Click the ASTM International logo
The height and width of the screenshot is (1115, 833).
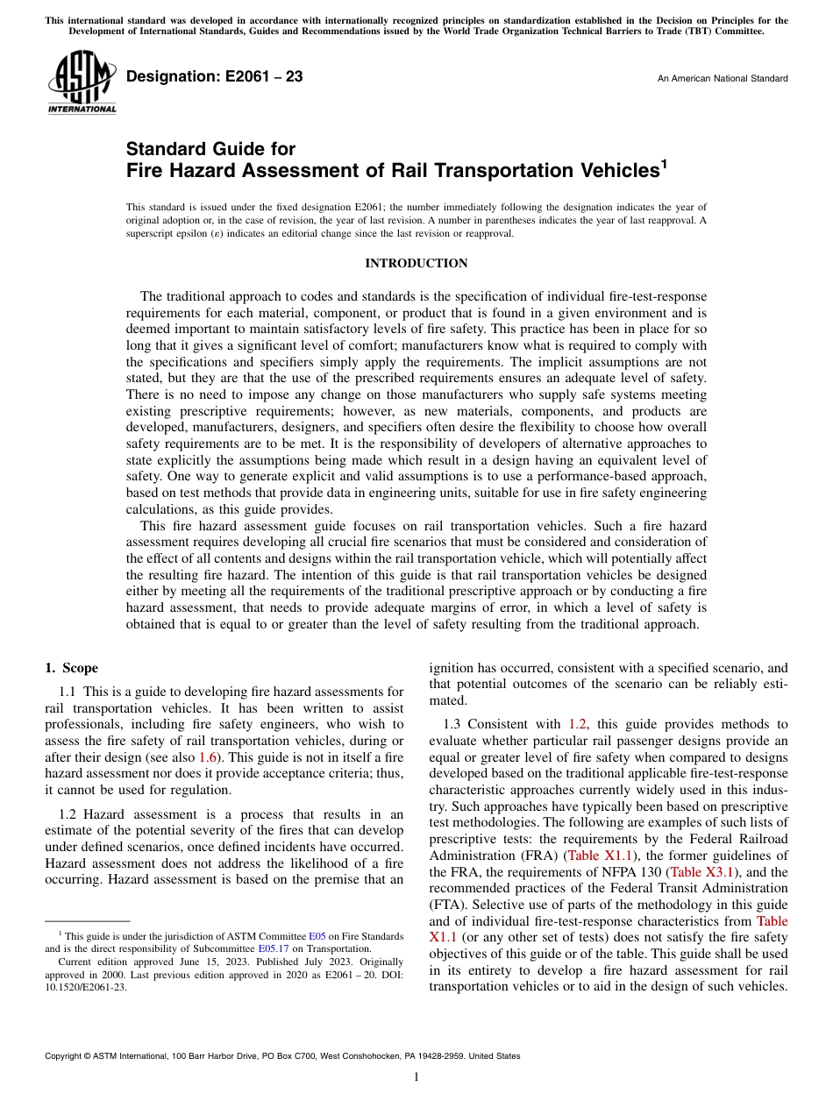pos(82,82)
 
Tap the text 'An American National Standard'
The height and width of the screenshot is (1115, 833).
pos(722,79)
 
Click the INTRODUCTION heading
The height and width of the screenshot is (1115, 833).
pos(416,263)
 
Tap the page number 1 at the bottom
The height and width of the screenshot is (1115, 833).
pos(416,1077)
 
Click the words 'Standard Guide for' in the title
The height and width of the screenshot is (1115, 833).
pos(210,149)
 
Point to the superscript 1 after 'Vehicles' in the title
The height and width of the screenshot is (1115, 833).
pos(664,163)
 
